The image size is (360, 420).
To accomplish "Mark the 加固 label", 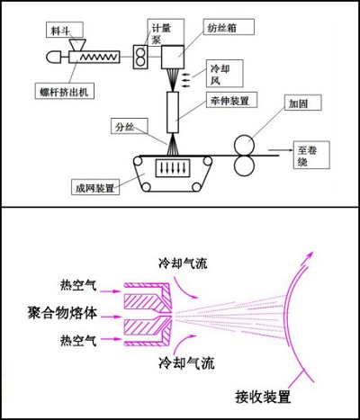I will pyautogui.click(x=300, y=104).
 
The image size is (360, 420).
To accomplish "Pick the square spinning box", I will pyautogui.click(x=173, y=58).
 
